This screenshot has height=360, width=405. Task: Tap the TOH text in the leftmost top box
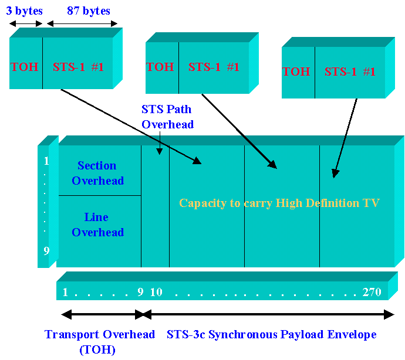point(25,67)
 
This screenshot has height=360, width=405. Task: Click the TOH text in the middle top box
point(160,67)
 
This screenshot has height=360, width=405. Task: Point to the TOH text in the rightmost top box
point(296,72)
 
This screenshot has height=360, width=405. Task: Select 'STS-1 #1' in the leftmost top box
point(78,67)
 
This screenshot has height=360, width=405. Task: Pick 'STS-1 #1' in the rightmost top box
point(350,72)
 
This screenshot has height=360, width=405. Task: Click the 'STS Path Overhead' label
point(167,116)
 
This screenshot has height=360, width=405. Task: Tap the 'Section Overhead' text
point(97,173)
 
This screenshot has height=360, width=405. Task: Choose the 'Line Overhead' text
point(97,225)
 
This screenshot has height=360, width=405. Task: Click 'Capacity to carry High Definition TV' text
point(279,203)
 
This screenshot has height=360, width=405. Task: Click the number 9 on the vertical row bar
point(46,252)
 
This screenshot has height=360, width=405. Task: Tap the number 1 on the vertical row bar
point(46,161)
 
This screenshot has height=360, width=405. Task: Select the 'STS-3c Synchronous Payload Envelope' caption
point(271,335)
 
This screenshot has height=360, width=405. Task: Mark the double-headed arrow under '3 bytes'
point(26,24)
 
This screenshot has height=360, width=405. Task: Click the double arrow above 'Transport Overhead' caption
point(103,315)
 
